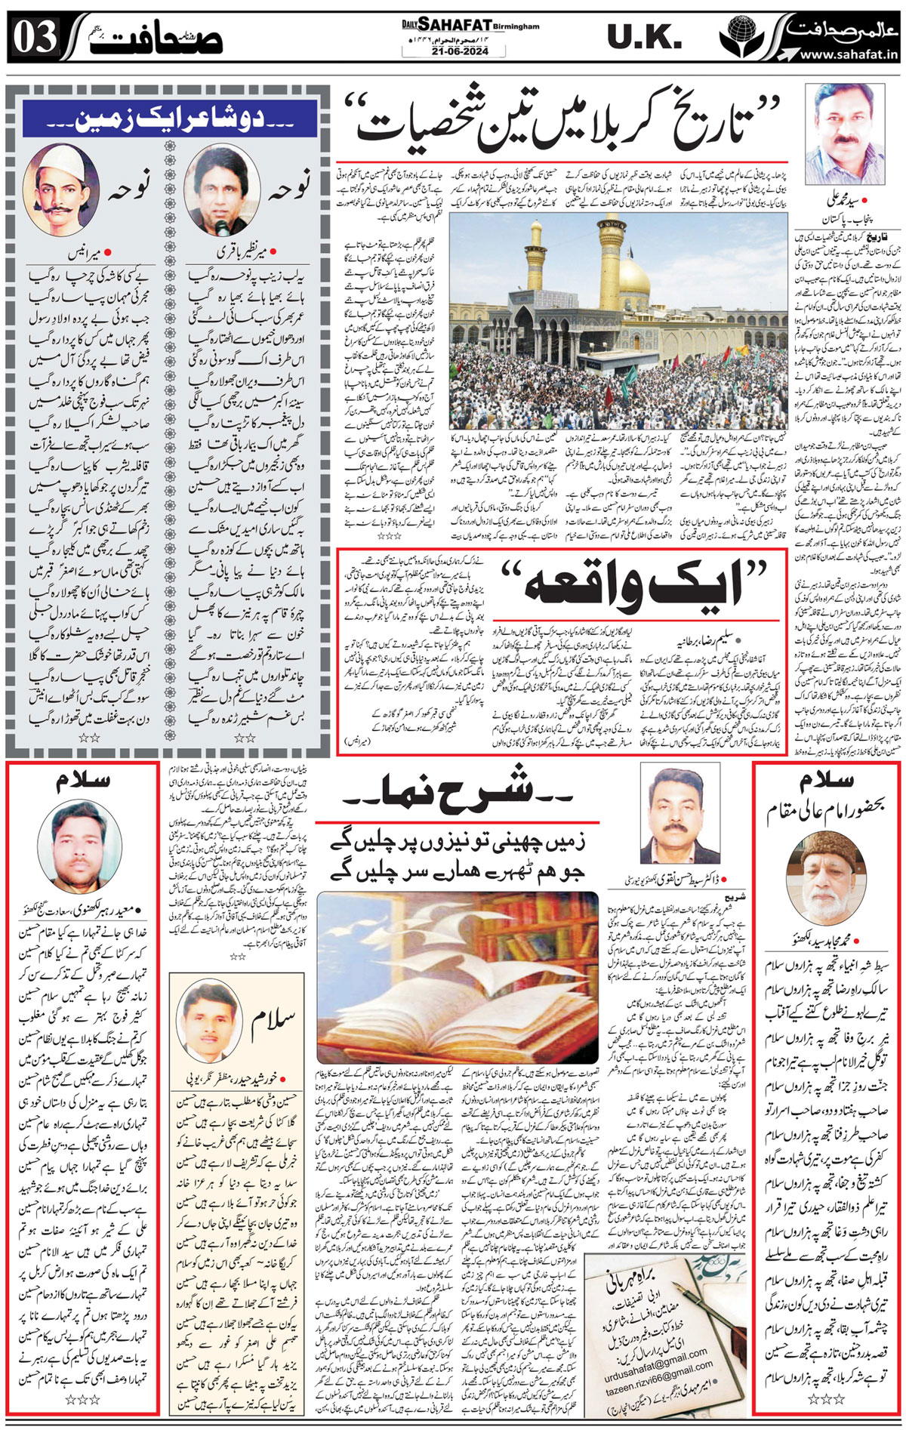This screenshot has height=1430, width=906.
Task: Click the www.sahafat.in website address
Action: (848, 54)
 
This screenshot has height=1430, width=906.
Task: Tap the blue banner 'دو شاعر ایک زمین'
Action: (169, 119)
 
